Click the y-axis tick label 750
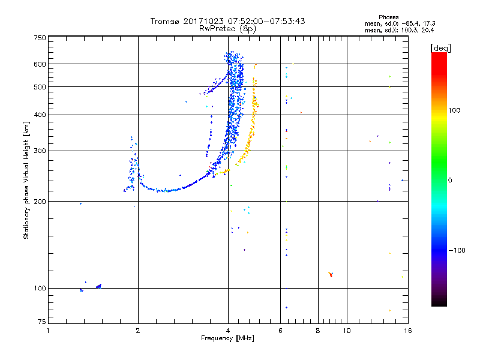[x=40, y=37]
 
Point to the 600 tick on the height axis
[x=40, y=64]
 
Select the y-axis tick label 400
[x=40, y=115]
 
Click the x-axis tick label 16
[x=407, y=331]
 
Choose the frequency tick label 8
[x=318, y=331]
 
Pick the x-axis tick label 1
[x=49, y=331]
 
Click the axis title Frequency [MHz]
[x=227, y=338]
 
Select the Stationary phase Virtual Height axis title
[x=26, y=180]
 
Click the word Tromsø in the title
[x=166, y=21]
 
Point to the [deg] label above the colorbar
[x=440, y=47]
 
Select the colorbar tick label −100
[x=457, y=250]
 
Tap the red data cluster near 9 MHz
[x=331, y=275]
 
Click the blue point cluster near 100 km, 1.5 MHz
[x=98, y=286]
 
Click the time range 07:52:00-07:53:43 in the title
[x=263, y=21]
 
